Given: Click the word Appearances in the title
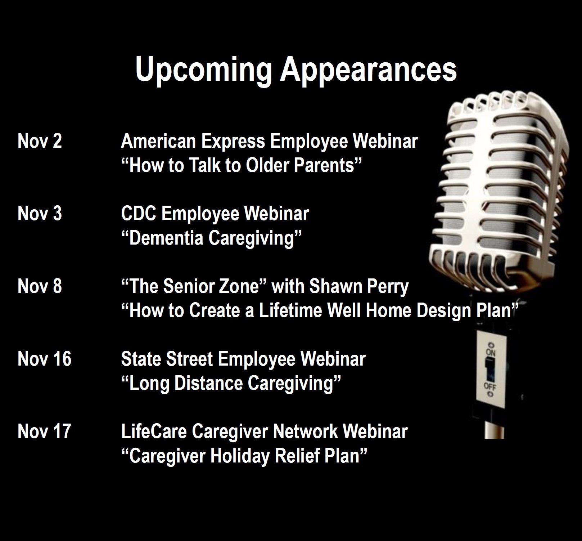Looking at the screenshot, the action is (369, 70).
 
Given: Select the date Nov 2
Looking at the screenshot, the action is (40, 141).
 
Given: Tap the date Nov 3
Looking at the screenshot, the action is (40, 214).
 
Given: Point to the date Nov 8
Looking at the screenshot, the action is (40, 286).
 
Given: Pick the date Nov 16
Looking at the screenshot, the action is (44, 359).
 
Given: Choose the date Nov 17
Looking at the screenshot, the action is (44, 432).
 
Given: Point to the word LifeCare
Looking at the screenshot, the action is (154, 432).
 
